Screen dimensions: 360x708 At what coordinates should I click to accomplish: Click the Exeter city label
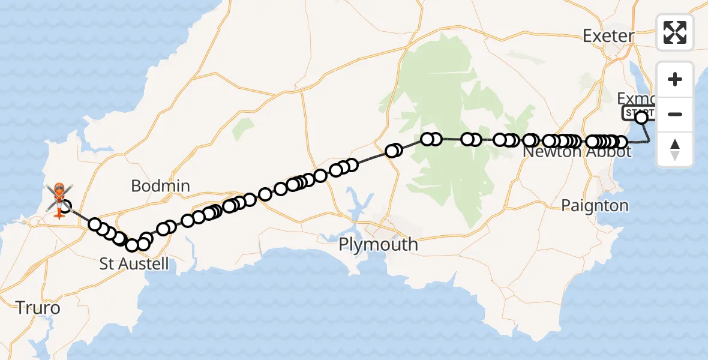click(608, 36)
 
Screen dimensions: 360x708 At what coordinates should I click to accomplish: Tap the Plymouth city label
click(378, 245)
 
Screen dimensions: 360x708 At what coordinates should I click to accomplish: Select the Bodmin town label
click(160, 186)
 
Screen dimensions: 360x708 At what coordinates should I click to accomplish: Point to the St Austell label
click(134, 263)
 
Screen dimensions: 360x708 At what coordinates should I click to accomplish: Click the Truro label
click(38, 308)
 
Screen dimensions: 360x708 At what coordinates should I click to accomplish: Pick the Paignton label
click(595, 206)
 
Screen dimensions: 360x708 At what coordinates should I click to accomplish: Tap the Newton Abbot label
click(577, 152)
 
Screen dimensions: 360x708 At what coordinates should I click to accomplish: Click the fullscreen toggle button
click(675, 32)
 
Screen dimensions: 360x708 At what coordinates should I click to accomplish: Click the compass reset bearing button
click(675, 149)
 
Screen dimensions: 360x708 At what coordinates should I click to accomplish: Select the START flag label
click(638, 112)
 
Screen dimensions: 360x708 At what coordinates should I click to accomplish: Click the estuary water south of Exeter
click(635, 75)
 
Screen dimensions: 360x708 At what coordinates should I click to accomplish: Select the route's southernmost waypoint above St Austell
click(133, 245)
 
